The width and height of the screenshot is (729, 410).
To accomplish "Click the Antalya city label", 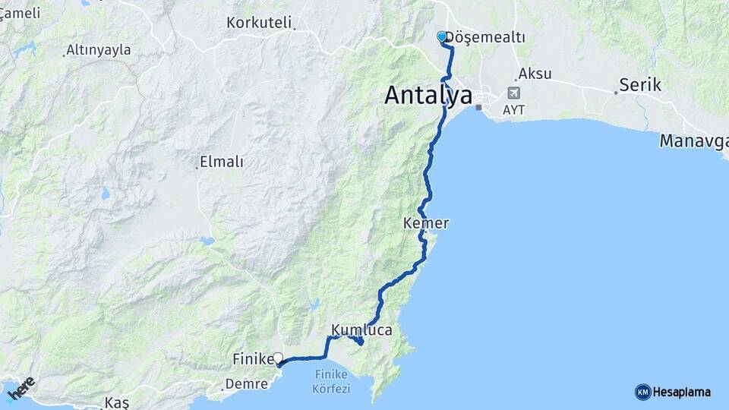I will click(428, 95).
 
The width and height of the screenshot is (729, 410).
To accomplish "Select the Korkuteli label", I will click(259, 23).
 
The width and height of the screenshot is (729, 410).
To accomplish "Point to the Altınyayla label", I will click(99, 50).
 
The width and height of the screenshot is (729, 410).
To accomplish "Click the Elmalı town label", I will click(221, 161).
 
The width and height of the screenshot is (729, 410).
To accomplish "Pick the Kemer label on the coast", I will click(426, 224).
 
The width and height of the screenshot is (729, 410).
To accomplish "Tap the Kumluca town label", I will click(361, 330).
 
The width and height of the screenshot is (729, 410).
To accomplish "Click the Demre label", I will click(248, 384).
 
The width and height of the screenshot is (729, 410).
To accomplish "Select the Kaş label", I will click(118, 401).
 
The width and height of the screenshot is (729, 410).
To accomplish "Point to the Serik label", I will click(640, 85).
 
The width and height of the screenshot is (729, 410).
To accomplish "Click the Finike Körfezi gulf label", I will click(331, 382).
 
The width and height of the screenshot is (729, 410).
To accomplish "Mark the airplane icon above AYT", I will click(514, 93).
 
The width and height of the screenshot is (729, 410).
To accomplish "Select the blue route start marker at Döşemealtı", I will click(442, 36).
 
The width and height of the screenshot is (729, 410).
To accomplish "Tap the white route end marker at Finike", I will click(278, 358).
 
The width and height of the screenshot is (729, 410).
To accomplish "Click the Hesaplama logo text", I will click(682, 393).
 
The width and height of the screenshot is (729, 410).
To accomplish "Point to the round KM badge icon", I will click(642, 392).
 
